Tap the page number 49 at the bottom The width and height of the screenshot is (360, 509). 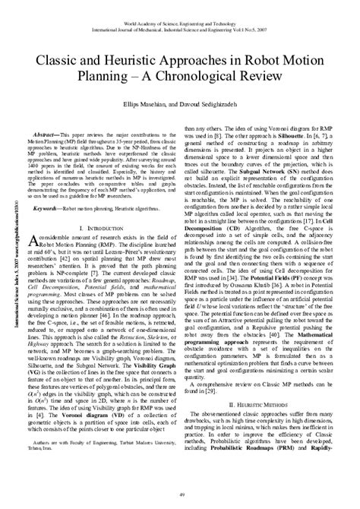tap(180, 495)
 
